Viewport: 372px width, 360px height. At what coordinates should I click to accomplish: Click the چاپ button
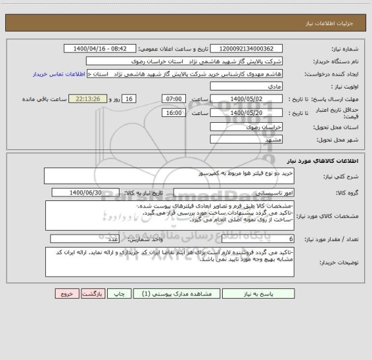click(118, 293)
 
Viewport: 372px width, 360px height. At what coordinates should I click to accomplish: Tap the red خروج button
click(66, 293)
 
